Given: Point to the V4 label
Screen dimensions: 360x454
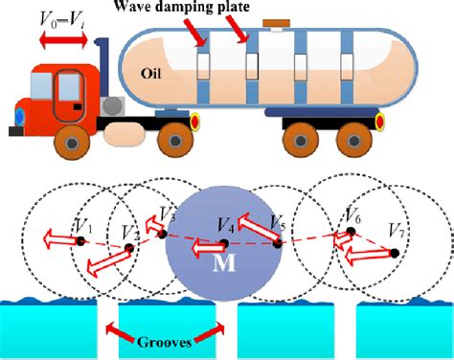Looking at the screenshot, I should click(226, 227).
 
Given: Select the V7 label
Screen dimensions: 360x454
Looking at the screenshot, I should click(397, 231).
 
